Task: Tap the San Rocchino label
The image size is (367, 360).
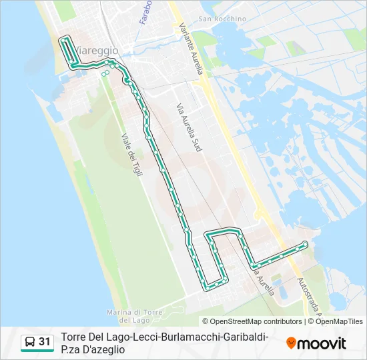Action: (214, 19)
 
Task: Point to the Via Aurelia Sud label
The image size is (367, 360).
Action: (189, 127)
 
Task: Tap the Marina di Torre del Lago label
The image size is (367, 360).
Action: (135, 316)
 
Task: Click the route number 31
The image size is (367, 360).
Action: (44, 342)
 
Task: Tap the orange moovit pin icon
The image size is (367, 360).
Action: (291, 343)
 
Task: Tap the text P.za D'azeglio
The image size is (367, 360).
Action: (93, 349)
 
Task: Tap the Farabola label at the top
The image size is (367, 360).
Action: (145, 12)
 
